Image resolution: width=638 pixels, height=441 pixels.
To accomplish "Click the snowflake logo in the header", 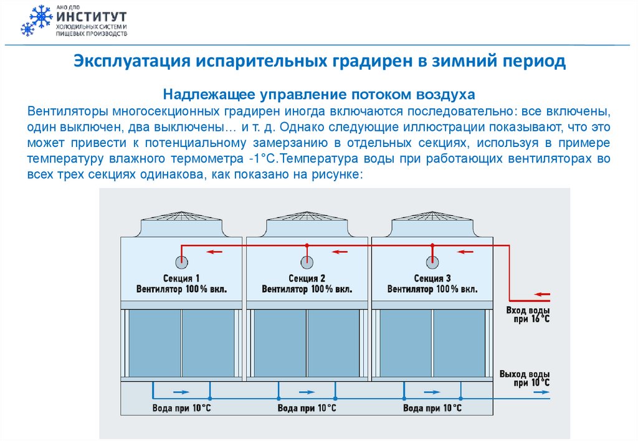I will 35,21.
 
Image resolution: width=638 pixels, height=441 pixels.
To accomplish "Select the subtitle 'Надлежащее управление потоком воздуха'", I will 318,94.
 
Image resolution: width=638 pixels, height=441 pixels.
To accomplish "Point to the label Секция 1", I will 182,278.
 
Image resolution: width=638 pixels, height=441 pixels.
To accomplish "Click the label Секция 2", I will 307,278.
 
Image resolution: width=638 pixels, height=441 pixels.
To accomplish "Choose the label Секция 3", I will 432,278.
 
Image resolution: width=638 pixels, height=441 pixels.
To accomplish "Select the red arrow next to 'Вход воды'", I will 543,294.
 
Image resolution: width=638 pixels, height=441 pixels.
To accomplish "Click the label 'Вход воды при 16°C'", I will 528,315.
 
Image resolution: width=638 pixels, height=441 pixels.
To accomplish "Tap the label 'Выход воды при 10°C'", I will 524,378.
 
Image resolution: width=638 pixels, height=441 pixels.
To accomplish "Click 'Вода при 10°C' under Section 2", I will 307,409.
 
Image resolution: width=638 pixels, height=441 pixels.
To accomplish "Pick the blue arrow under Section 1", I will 180,392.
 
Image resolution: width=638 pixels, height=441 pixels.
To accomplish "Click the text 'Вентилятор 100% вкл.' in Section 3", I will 432,290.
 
